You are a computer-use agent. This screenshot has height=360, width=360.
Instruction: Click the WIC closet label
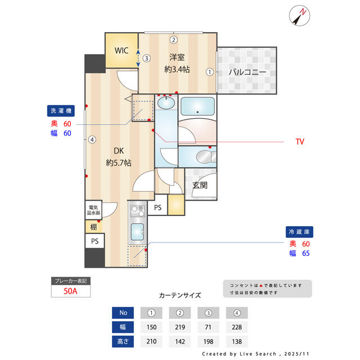coord(121,51)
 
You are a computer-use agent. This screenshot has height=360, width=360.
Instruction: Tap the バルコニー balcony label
coord(247,72)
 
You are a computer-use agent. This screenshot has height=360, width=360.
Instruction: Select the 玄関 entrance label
coord(200,185)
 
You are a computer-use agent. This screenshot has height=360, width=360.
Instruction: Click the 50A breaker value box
coord(70,291)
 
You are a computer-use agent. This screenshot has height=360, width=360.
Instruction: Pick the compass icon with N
coord(300,15)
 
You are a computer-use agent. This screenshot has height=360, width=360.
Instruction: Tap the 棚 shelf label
coord(93,227)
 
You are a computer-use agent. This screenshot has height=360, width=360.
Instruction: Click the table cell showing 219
coord(180,327)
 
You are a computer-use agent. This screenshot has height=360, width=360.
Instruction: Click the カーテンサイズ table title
coord(180,295)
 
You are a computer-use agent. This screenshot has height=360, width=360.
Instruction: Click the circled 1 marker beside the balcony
coord(209,72)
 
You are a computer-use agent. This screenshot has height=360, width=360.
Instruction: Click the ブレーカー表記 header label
coord(70,280)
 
